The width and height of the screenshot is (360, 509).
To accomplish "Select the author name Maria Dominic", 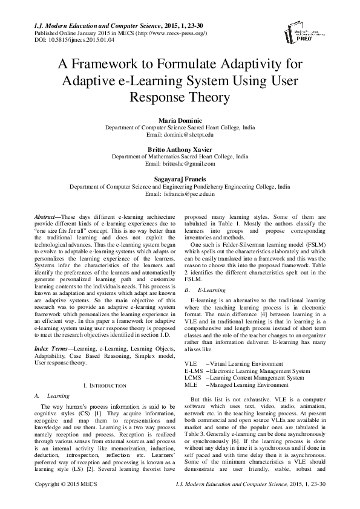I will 180,121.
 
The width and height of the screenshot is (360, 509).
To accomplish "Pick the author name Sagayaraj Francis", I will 180,180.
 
